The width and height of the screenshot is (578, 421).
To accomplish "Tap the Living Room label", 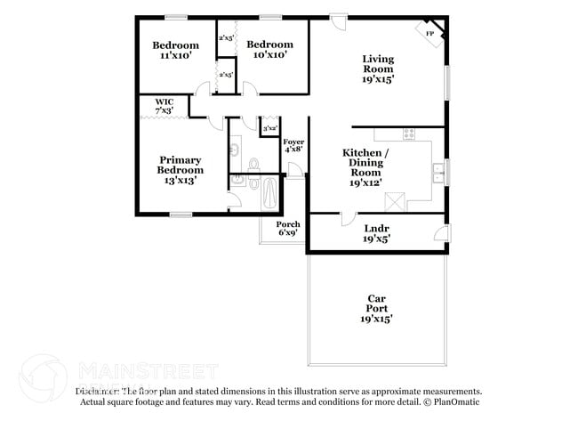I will (x=377, y=69).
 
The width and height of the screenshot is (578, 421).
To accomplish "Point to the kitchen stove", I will (x=409, y=134).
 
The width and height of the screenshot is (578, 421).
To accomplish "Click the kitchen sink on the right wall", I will (x=438, y=171).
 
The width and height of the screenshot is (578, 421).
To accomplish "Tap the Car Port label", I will (x=376, y=308).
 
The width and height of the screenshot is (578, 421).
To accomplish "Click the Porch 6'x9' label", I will (x=287, y=229).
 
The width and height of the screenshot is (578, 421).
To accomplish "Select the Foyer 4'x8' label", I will (x=293, y=146).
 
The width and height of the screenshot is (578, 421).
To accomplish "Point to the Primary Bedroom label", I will (x=181, y=170).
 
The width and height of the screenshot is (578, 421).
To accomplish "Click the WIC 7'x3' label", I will (x=165, y=106).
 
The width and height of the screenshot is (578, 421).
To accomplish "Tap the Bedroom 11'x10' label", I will (x=175, y=50).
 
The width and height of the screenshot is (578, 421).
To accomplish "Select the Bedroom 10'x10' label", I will (x=269, y=50).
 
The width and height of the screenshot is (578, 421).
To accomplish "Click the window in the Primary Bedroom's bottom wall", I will (x=181, y=214).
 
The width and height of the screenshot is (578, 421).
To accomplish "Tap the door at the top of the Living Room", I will (x=338, y=18).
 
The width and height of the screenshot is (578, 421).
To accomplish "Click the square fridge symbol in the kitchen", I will (x=397, y=201).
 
